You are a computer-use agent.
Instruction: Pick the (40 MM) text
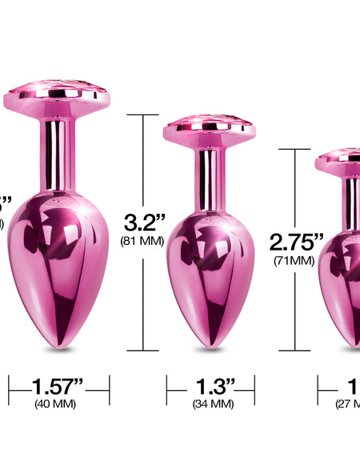click(55, 404)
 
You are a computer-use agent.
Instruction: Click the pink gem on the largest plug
click(58, 87)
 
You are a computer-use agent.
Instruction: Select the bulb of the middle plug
click(210, 264)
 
